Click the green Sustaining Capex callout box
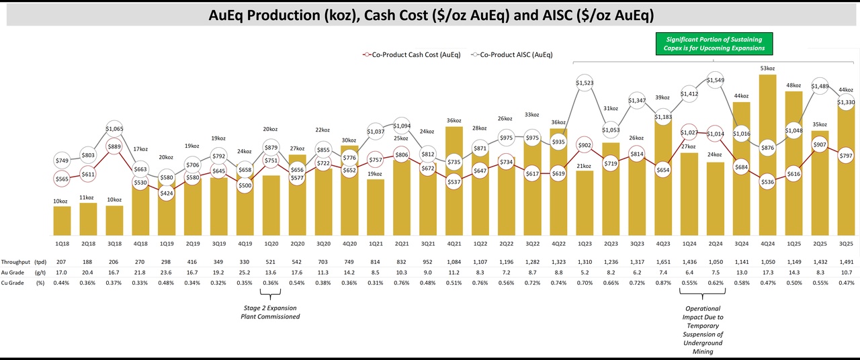coord(715,44)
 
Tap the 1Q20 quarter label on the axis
coord(271,244)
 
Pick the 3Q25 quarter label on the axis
coord(847,244)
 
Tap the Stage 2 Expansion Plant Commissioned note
coord(271,312)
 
